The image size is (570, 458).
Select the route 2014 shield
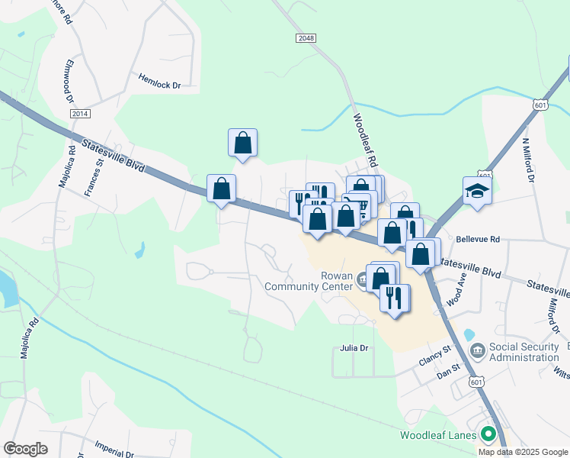[80, 114]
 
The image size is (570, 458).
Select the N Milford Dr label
[528, 159]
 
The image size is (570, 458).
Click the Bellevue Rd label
[477, 239]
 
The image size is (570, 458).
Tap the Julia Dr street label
[353, 348]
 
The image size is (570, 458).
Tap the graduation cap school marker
[477, 190]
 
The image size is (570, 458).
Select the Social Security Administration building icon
[478, 351]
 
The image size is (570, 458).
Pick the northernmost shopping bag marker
[242, 143]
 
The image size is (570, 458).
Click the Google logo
[26, 449]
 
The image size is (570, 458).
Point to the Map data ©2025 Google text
[523, 452]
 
